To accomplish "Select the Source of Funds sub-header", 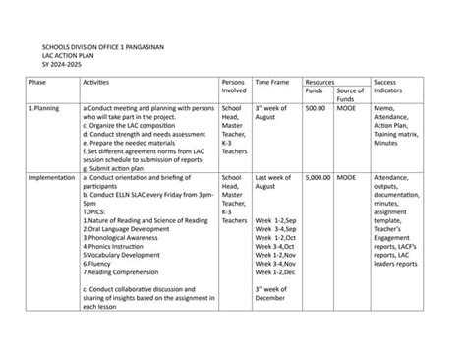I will tap(349, 95).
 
